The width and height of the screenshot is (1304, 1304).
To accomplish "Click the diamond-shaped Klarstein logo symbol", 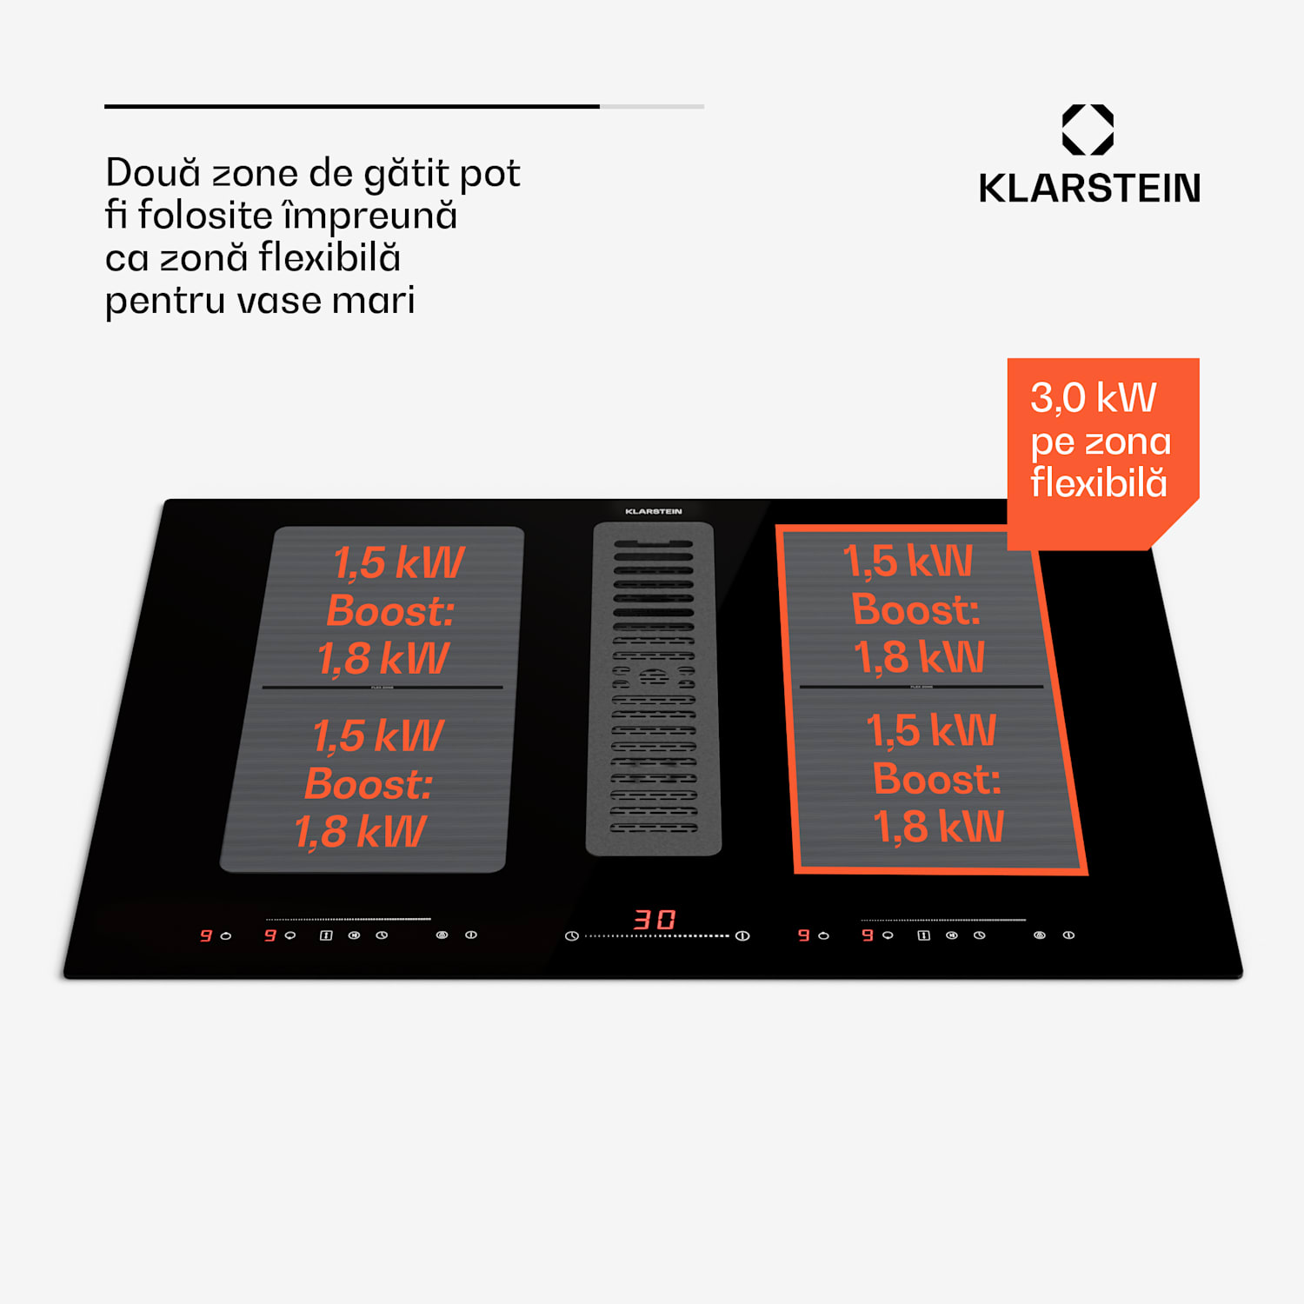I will (1088, 130).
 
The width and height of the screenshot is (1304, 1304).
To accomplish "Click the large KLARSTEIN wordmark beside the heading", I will (1089, 189).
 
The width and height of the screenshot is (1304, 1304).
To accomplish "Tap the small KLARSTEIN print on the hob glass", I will (654, 511).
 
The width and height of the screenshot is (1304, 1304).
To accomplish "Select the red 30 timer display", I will (655, 920).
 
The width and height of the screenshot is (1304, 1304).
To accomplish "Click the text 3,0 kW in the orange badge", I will (1093, 398).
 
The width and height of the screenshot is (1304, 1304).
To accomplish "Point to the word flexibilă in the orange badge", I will (1098, 482).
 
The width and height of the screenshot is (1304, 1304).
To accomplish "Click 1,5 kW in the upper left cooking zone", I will (399, 563).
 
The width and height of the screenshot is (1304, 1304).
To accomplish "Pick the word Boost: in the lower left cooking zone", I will (369, 784).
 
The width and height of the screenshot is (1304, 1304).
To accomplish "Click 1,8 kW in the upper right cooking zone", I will (919, 657).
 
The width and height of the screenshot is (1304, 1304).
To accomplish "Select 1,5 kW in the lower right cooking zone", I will (931, 730).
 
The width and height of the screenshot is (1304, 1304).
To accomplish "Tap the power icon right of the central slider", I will (742, 935).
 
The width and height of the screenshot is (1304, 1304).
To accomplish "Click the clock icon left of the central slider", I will (571, 936).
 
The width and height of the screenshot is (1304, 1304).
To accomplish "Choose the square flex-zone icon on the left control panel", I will (326, 935).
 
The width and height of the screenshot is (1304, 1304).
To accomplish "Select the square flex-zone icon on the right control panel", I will (923, 935).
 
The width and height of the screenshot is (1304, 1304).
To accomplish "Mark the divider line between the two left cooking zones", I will (383, 688).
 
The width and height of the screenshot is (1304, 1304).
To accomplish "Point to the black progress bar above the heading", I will (352, 106).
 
